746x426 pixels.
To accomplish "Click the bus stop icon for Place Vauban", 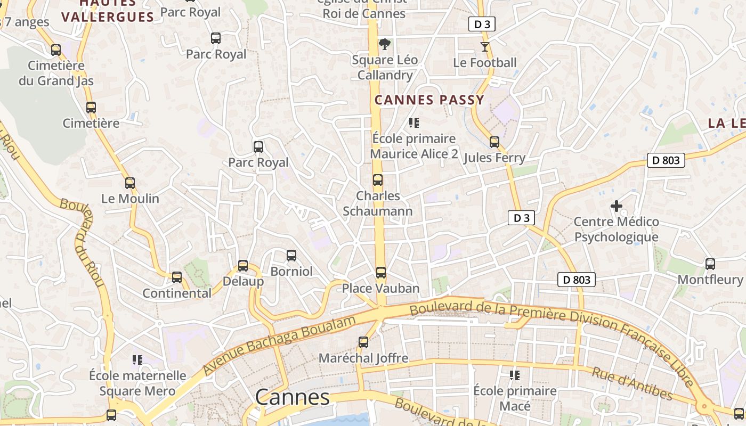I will [381, 273].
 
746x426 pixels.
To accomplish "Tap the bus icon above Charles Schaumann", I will [378, 180].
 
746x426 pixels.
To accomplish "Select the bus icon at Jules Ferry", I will [494, 142].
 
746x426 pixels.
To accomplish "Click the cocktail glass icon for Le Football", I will [484, 47].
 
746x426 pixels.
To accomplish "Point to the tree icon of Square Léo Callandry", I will [384, 44].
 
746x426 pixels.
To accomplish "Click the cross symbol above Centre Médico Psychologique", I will [617, 206].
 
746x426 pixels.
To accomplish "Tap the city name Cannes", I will [292, 397].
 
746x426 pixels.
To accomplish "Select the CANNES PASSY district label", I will [429, 100].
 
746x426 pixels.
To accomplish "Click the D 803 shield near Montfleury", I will [577, 280].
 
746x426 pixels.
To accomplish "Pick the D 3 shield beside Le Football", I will [482, 24].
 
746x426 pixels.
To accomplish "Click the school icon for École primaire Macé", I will [515, 375].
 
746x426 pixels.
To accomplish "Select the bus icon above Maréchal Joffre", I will [363, 342].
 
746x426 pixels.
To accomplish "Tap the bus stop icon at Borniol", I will [291, 256].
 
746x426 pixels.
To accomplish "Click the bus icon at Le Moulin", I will [130, 183].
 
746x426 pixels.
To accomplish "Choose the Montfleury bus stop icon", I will [710, 264].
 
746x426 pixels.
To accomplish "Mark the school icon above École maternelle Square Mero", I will [137, 360].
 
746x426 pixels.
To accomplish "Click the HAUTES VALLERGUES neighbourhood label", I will [108, 12].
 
